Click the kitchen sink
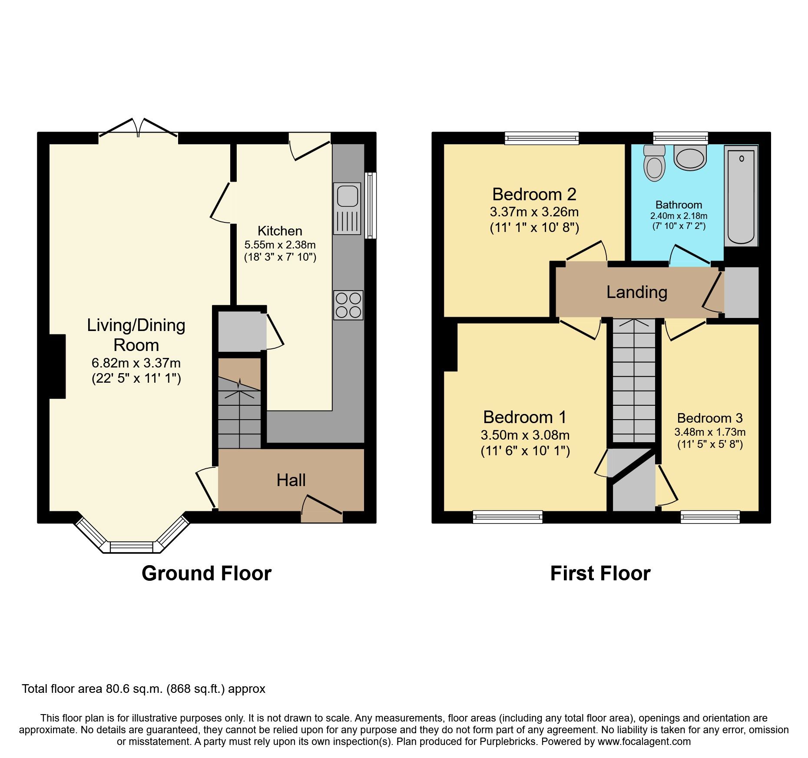(x=348, y=208)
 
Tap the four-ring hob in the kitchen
(x=348, y=305)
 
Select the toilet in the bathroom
(x=655, y=163)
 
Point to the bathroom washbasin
(x=690, y=157)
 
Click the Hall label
(x=291, y=480)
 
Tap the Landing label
(x=636, y=292)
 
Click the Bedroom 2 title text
(x=534, y=195)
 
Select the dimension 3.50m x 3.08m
(x=525, y=435)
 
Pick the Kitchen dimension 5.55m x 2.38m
(x=280, y=245)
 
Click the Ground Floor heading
(x=206, y=573)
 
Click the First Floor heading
(x=600, y=573)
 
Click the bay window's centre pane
(x=132, y=547)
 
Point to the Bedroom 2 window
(x=542, y=138)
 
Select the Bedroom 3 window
(x=710, y=516)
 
